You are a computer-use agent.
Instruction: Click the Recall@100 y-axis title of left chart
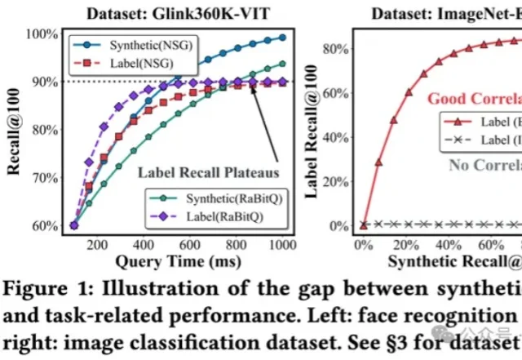tap(14, 130)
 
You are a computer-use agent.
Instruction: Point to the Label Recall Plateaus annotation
tap(208, 172)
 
